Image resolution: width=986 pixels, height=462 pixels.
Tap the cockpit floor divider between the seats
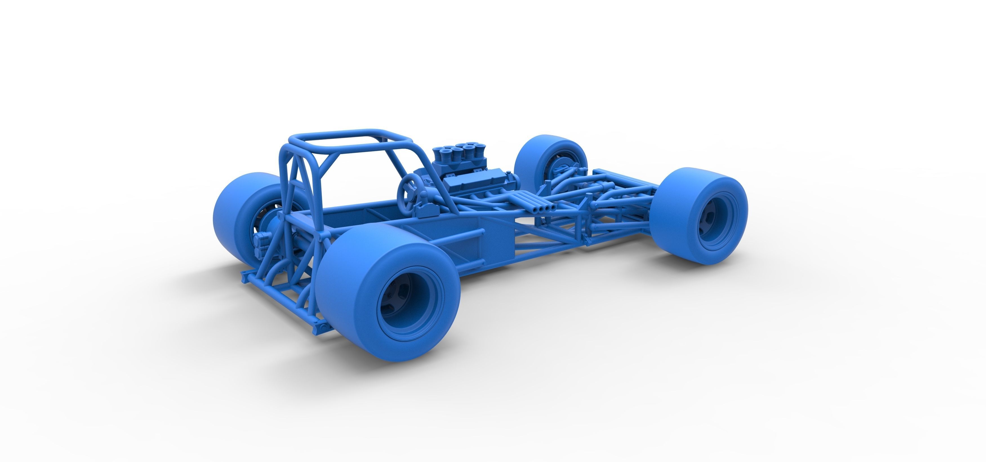(x=377, y=214)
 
